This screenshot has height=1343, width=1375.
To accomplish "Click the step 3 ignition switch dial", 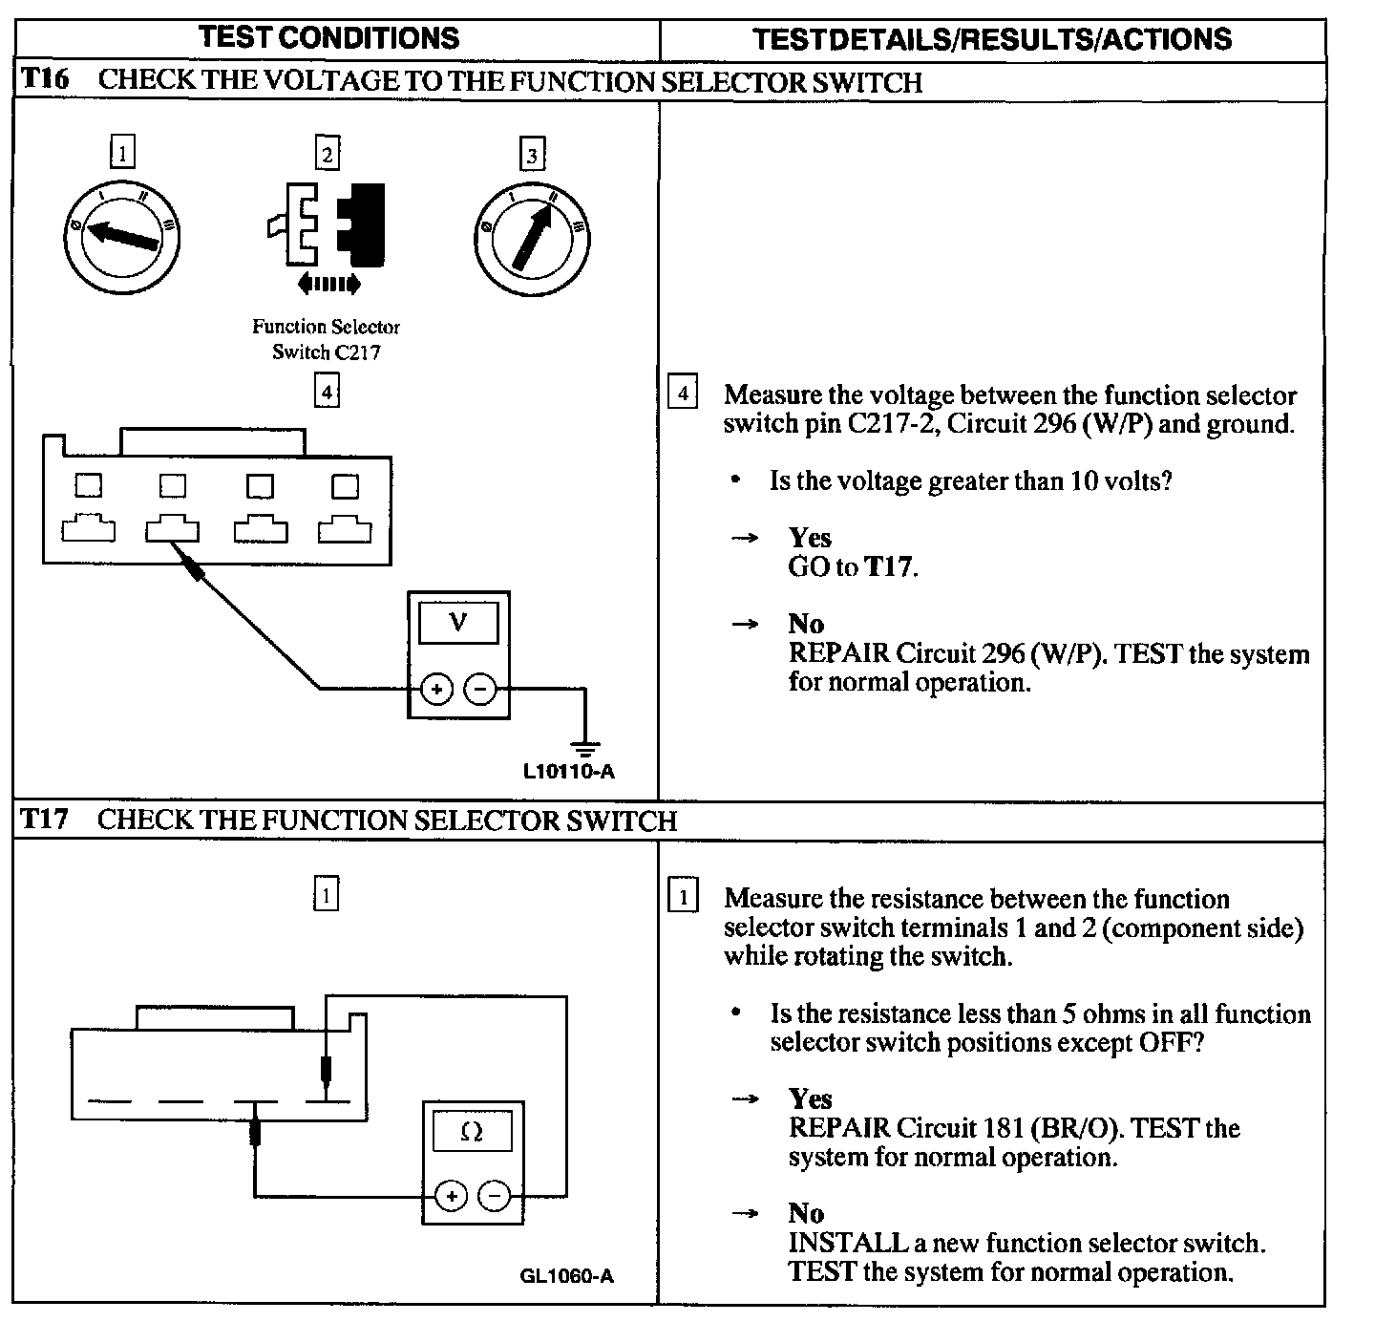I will coord(532,237).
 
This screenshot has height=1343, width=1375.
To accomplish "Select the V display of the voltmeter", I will coord(458,624).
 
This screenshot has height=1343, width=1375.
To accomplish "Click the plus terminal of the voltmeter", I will coord(436,688).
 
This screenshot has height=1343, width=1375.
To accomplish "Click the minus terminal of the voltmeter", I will coord(480,688).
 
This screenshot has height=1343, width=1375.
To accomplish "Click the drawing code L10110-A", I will coord(569,771).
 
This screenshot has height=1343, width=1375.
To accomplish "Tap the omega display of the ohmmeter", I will coord(472,1133).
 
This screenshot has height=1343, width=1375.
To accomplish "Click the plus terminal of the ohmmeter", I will coord(451,1196).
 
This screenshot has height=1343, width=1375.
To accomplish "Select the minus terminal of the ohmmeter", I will coord(494,1196).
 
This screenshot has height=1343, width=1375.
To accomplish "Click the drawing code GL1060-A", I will coord(567,1276).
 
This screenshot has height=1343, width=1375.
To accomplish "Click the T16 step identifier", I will coord(45,79).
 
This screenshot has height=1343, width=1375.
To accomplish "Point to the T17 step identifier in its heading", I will coord(45,820).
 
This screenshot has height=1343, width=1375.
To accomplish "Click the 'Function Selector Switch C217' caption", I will coord(327,339).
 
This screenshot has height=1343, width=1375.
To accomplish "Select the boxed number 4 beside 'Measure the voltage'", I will coord(682,394).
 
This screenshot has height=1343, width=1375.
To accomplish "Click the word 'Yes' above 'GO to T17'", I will coord(810,538).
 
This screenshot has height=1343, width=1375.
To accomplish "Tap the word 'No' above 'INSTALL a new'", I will coord(806,1213).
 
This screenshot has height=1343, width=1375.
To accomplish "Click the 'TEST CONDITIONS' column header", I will coord(329,38).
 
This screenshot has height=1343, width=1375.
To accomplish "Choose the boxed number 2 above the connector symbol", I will coord(328,153).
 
